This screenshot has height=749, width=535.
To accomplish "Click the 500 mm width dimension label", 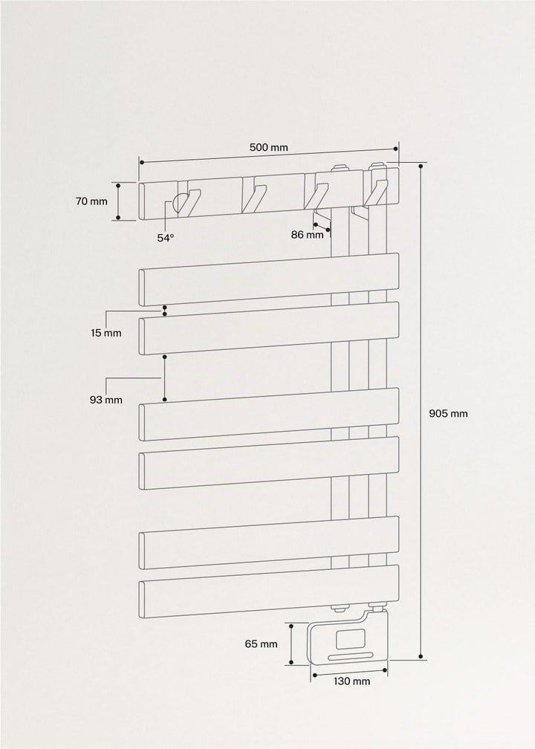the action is click(269, 147).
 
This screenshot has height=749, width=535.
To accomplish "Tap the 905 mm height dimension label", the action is click(448, 414).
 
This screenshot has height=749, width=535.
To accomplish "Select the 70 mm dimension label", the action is click(91, 201).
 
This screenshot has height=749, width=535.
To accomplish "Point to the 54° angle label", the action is click(166, 238).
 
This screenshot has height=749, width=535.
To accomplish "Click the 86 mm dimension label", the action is click(307, 235).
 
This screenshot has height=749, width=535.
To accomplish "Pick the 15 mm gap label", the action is click(106, 333).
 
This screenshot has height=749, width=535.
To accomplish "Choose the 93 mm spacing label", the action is click(106, 400).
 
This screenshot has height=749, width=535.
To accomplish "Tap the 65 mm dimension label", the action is click(262, 644).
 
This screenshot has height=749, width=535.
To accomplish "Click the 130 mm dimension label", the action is click(351, 681).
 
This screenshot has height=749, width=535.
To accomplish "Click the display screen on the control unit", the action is click(351, 639).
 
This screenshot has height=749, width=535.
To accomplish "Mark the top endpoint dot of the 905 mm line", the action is click(421, 166).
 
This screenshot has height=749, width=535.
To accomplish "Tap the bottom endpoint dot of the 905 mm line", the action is click(421, 656).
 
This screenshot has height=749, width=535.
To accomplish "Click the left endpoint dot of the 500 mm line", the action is click(142, 163).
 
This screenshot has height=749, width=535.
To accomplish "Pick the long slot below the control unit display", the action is click(351, 658).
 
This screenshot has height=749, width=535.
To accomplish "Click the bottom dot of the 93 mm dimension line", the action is click(165, 399).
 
